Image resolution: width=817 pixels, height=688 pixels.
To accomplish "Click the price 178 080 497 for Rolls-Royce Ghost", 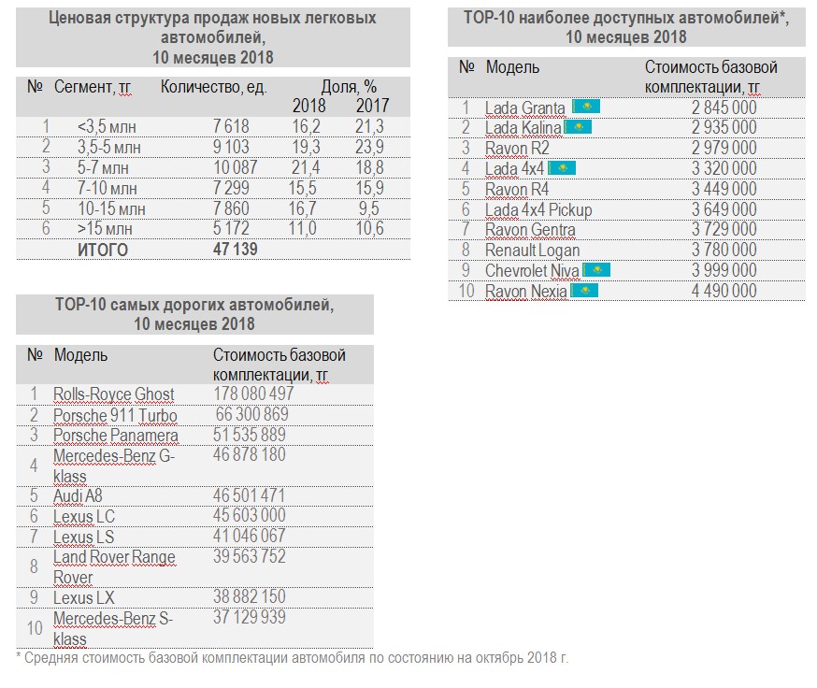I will (x=255, y=394).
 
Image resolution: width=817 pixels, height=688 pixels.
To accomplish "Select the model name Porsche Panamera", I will (x=115, y=436).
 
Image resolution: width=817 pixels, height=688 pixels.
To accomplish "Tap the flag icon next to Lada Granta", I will (x=585, y=107).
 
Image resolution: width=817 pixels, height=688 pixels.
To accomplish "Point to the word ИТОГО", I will (x=103, y=250).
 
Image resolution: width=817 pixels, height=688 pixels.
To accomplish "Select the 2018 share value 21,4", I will (x=306, y=167).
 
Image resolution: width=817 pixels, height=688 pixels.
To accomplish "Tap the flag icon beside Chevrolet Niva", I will (x=595, y=271).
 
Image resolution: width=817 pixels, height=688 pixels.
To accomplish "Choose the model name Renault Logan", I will (x=532, y=251).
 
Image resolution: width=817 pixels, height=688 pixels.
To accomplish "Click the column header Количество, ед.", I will (x=214, y=87).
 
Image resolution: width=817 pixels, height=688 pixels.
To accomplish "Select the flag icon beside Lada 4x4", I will (x=562, y=168).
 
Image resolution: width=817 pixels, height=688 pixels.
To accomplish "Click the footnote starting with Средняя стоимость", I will (x=292, y=658).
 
